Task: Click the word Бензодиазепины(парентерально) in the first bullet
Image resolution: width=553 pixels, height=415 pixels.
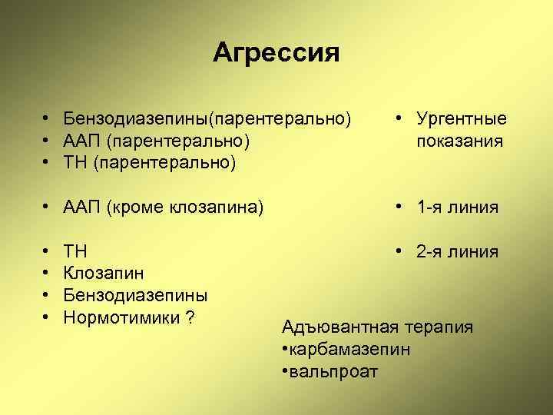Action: tap(207, 119)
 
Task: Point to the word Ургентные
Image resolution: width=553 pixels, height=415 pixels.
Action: tap(461, 119)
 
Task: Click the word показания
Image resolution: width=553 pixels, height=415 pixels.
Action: tap(459, 141)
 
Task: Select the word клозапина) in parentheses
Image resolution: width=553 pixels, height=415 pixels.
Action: tap(222, 207)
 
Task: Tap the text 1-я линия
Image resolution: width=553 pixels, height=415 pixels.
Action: tap(457, 207)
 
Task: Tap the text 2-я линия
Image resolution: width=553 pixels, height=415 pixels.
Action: tap(457, 251)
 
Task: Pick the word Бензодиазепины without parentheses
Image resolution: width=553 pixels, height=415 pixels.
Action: tap(135, 295)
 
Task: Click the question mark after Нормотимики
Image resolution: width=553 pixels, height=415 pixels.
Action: tap(188, 317)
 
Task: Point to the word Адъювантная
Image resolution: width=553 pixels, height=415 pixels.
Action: tap(337, 328)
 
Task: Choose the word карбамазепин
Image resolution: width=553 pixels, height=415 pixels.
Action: tap(349, 350)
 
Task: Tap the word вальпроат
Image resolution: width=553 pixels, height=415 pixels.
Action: tap(333, 372)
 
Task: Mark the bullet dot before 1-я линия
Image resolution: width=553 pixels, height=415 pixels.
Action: tap(399, 207)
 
